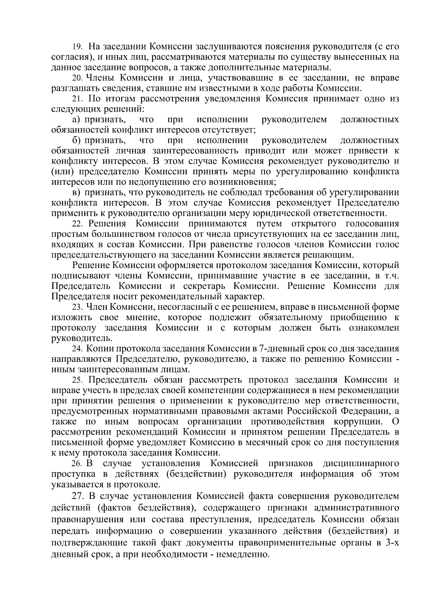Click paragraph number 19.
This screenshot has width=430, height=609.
77,47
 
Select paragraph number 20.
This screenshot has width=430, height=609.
77,78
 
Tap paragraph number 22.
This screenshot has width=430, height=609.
77,224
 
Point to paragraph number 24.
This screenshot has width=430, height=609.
77,348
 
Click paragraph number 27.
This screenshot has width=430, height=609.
79,497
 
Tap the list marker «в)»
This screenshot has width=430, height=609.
77,193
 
